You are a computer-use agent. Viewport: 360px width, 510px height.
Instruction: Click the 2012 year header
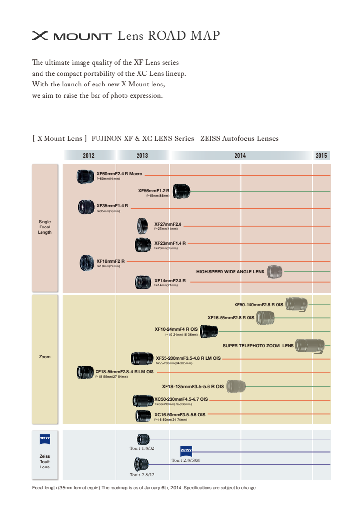[x=89, y=156]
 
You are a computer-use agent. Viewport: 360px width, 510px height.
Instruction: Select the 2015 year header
[x=321, y=156]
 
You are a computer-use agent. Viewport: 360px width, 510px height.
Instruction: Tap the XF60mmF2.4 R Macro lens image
[x=85, y=176]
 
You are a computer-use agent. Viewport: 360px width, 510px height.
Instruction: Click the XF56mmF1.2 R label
[x=154, y=191]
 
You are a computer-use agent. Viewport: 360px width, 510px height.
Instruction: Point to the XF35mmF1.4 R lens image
[x=86, y=207]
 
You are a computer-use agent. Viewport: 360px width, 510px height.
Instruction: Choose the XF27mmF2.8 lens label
[x=167, y=224]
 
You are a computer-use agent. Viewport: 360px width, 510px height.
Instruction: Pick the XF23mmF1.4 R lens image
[x=143, y=245]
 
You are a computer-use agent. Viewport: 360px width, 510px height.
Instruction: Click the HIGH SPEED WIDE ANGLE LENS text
[x=230, y=272]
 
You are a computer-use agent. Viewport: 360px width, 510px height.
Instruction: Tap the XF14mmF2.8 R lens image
[x=143, y=282]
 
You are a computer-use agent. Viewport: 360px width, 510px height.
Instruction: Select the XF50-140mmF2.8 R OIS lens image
[x=296, y=304]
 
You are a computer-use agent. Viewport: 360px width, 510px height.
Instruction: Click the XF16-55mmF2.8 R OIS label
[x=231, y=318]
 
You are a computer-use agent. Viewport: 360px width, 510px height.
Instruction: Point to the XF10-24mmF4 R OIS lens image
[x=208, y=331]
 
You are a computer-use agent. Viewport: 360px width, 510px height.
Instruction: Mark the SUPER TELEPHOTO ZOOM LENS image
[x=310, y=345]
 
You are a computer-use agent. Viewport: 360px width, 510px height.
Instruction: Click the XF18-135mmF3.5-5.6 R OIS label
[x=193, y=386]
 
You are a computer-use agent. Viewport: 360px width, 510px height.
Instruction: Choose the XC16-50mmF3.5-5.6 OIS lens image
[x=143, y=415]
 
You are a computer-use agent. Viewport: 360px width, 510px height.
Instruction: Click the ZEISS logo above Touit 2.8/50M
[x=186, y=451]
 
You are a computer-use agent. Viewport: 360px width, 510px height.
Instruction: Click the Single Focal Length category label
[x=44, y=227]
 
